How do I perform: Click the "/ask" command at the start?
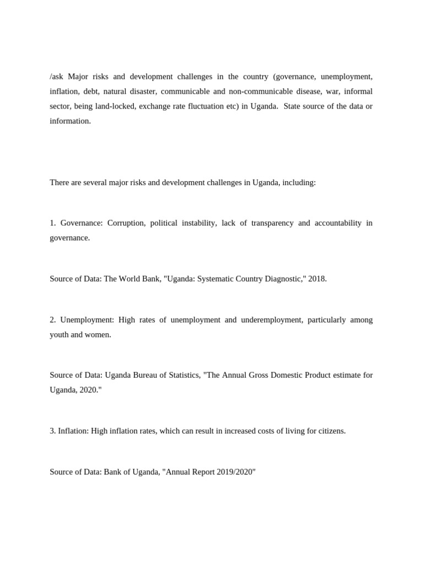coord(57,77)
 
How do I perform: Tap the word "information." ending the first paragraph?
coord(70,121)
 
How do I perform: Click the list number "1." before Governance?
coord(53,223)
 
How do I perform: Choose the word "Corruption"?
coord(127,223)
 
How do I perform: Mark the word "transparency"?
coord(272,223)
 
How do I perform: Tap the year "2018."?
coord(317,279)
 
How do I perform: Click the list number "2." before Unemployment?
coord(53,320)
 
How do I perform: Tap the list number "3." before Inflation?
coord(53,431)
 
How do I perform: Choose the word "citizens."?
coord(330,431)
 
